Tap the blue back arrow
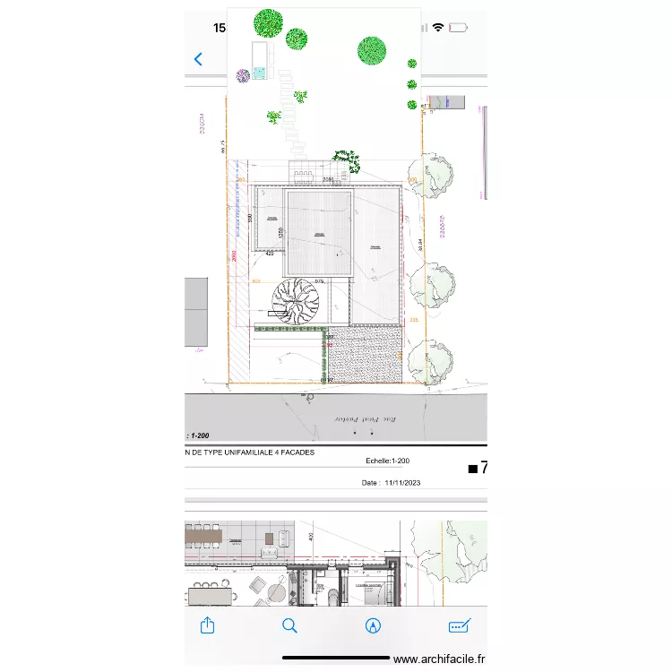[199, 60]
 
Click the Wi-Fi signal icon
[438, 28]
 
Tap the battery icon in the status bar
[458, 28]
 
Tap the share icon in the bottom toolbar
[208, 625]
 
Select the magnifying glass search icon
[289, 625]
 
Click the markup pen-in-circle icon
[373, 625]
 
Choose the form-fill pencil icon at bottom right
[459, 625]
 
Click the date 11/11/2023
[402, 483]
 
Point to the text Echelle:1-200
[387, 461]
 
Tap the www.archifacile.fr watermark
[439, 659]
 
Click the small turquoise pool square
[259, 73]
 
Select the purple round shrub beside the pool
[242, 76]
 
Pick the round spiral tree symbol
[296, 303]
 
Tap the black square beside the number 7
[473, 469]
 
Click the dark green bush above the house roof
[348, 161]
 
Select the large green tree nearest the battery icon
[371, 50]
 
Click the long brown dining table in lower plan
[202, 536]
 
